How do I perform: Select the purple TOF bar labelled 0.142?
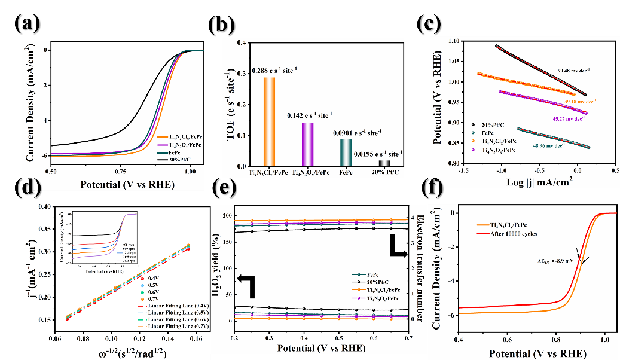coord(307,144)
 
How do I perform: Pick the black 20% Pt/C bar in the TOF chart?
coord(384,163)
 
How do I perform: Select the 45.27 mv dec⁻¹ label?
coord(580,118)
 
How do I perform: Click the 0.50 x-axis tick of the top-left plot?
coord(51,171)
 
